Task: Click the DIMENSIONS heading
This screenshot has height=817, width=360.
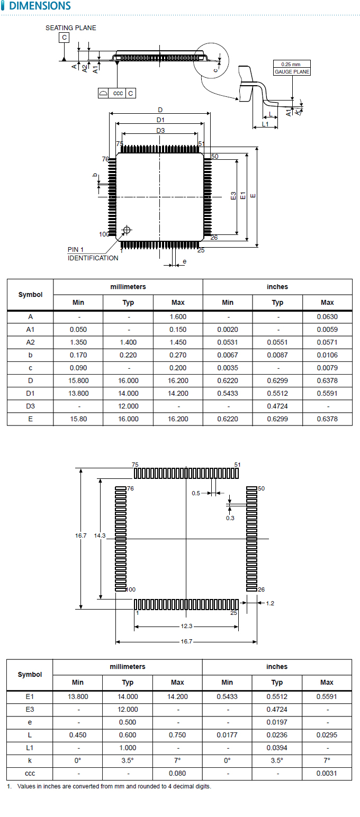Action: [x=40, y=6]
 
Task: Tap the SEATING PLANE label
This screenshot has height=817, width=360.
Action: [x=71, y=28]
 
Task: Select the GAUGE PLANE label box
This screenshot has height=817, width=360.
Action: [x=292, y=71]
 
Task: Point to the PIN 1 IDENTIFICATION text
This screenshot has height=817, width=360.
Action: [x=93, y=254]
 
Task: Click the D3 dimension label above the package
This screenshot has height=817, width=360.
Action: [x=160, y=131]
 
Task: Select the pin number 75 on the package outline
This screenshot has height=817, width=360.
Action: [x=119, y=144]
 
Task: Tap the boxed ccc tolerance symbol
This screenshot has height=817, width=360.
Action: [x=118, y=93]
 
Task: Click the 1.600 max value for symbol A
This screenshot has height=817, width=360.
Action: [x=178, y=317]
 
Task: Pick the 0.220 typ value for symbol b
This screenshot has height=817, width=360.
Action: [x=128, y=355]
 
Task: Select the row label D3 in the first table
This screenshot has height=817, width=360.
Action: [x=30, y=406]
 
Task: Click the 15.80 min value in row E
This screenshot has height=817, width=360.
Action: [x=78, y=419]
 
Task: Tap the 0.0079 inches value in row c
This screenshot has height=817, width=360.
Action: [x=327, y=368]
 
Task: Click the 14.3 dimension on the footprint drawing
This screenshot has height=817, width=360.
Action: [x=100, y=535]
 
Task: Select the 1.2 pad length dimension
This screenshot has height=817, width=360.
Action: [x=270, y=603]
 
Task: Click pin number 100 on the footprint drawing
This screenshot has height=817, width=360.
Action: [x=131, y=589]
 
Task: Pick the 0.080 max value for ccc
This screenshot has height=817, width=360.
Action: [x=178, y=773]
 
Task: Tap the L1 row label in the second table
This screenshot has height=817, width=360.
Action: [x=30, y=748]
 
